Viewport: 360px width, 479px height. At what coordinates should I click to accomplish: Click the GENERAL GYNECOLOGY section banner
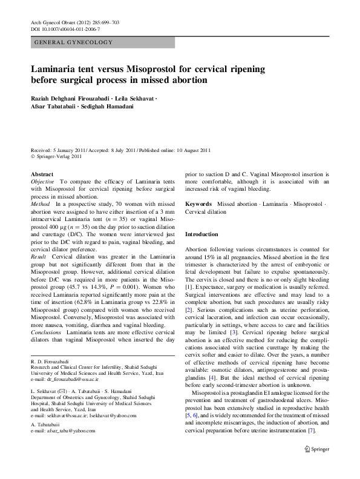(x=103, y=42)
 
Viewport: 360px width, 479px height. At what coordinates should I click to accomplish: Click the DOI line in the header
(x=65, y=29)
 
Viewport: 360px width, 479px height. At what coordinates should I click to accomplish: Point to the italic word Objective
(x=44, y=181)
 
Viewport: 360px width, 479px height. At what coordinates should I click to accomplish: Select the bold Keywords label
(x=198, y=204)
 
